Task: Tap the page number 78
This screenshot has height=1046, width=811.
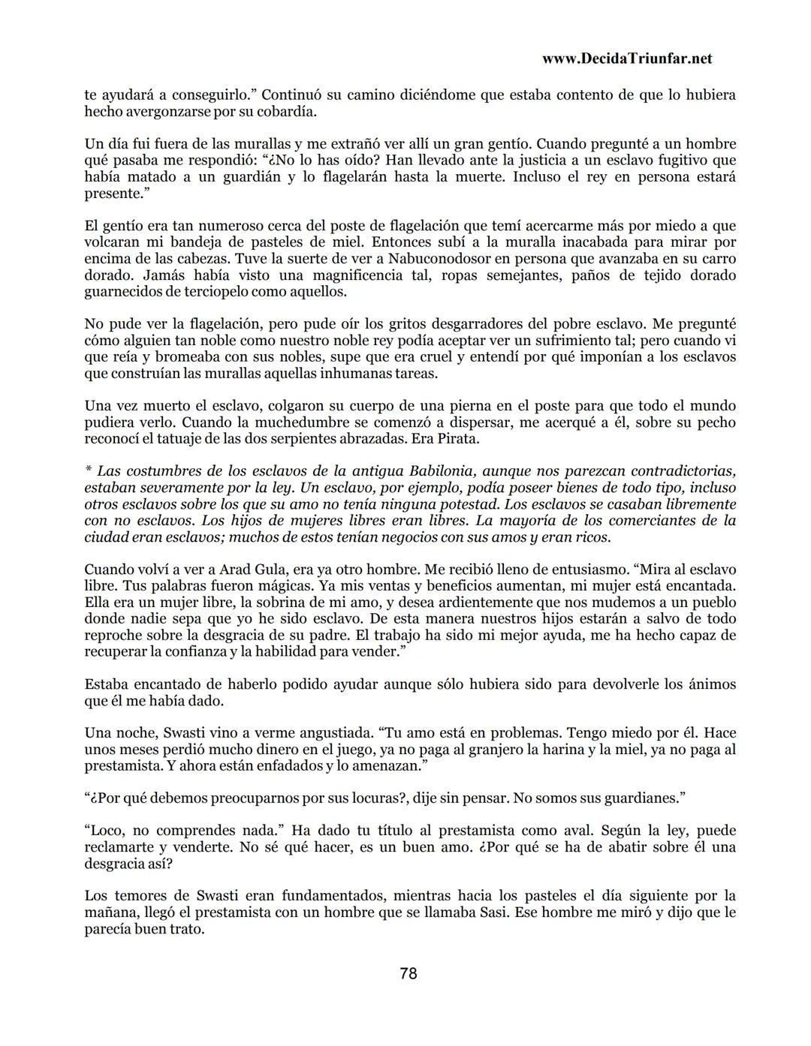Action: pyautogui.click(x=408, y=973)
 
